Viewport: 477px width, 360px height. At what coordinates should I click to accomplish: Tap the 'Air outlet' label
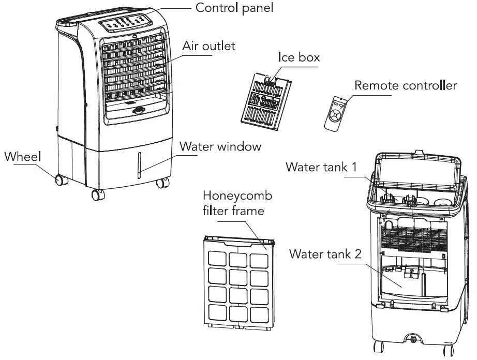click(x=208, y=46)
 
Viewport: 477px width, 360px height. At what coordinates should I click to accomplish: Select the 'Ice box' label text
click(x=299, y=57)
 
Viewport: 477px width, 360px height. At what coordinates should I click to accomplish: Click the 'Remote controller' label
click(x=405, y=85)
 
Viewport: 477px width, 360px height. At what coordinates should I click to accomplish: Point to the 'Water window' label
click(x=220, y=146)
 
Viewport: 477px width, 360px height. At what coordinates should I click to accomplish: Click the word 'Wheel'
click(x=23, y=156)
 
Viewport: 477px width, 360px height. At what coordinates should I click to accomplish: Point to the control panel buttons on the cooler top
click(x=126, y=23)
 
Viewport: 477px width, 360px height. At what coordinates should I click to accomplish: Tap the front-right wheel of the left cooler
click(x=161, y=182)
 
